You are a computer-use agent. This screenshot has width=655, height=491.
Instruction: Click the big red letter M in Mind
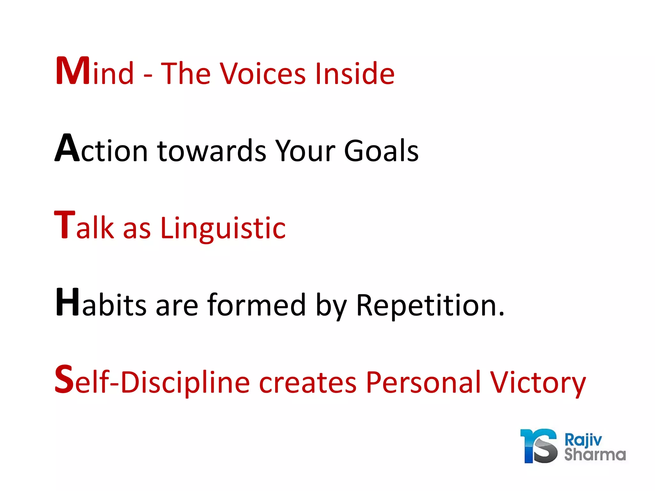(x=73, y=71)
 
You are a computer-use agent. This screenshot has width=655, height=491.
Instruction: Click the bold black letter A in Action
(x=67, y=148)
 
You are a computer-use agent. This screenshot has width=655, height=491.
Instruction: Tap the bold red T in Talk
(x=65, y=225)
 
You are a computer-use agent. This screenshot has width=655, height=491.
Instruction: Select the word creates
(x=307, y=383)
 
